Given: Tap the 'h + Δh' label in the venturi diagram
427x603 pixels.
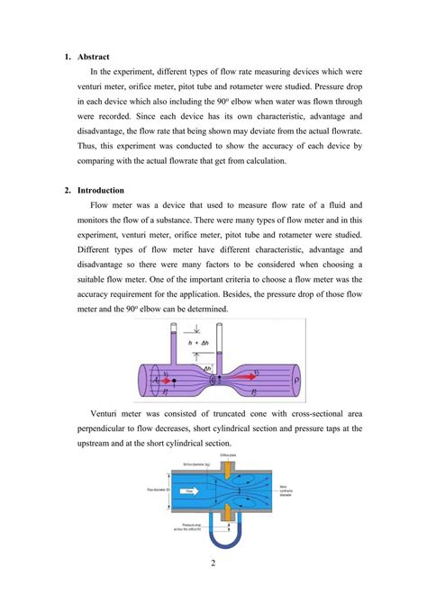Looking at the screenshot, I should (x=195, y=343).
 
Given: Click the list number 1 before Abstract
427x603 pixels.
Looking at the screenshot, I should (x=67, y=57).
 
